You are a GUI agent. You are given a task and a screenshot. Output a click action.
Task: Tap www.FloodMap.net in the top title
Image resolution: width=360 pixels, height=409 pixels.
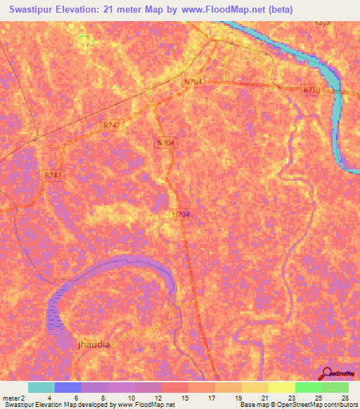[226, 10]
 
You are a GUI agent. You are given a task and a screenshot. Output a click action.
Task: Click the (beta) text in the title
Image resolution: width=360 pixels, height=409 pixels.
[278, 10]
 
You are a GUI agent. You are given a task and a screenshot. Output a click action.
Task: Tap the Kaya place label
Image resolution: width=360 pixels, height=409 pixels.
[322, 22]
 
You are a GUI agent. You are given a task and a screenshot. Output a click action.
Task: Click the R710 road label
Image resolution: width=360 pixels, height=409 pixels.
[311, 90]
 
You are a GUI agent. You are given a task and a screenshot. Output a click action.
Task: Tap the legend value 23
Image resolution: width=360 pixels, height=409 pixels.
[292, 398]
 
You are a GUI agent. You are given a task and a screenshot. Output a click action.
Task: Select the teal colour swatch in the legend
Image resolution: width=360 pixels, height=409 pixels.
[41, 387]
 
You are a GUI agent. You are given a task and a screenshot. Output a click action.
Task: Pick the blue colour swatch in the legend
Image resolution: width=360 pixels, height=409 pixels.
[68, 387]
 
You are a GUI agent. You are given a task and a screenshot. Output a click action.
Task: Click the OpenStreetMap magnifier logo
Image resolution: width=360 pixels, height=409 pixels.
[326, 373]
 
